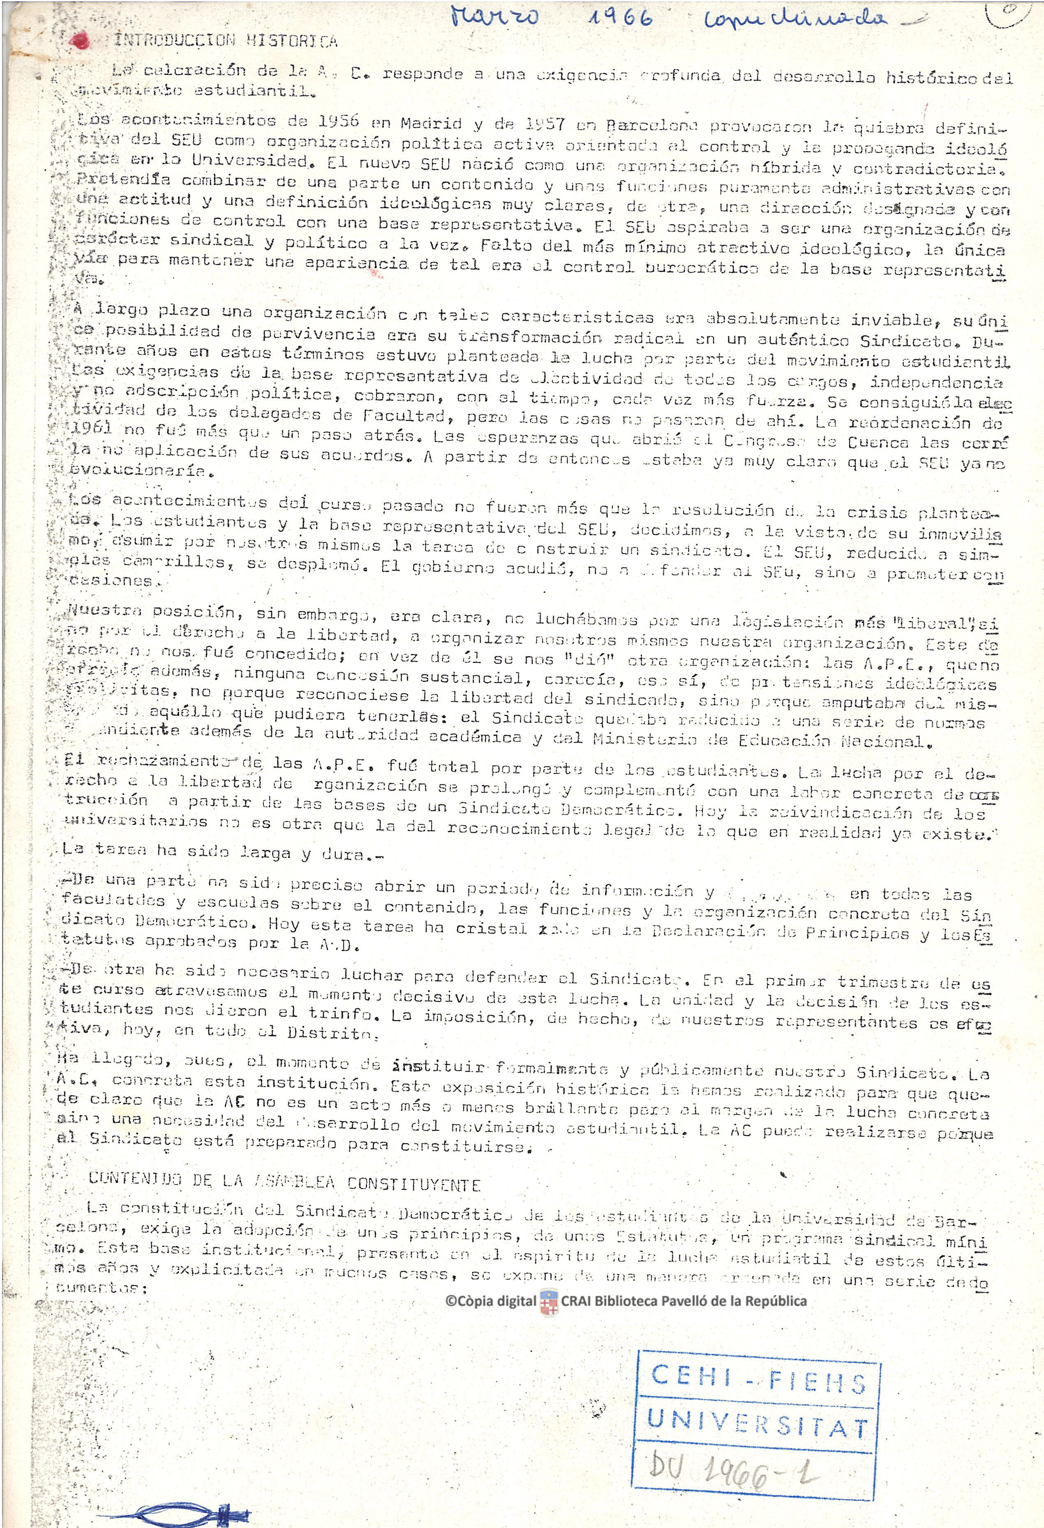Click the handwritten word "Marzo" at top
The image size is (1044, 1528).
click(495, 17)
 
